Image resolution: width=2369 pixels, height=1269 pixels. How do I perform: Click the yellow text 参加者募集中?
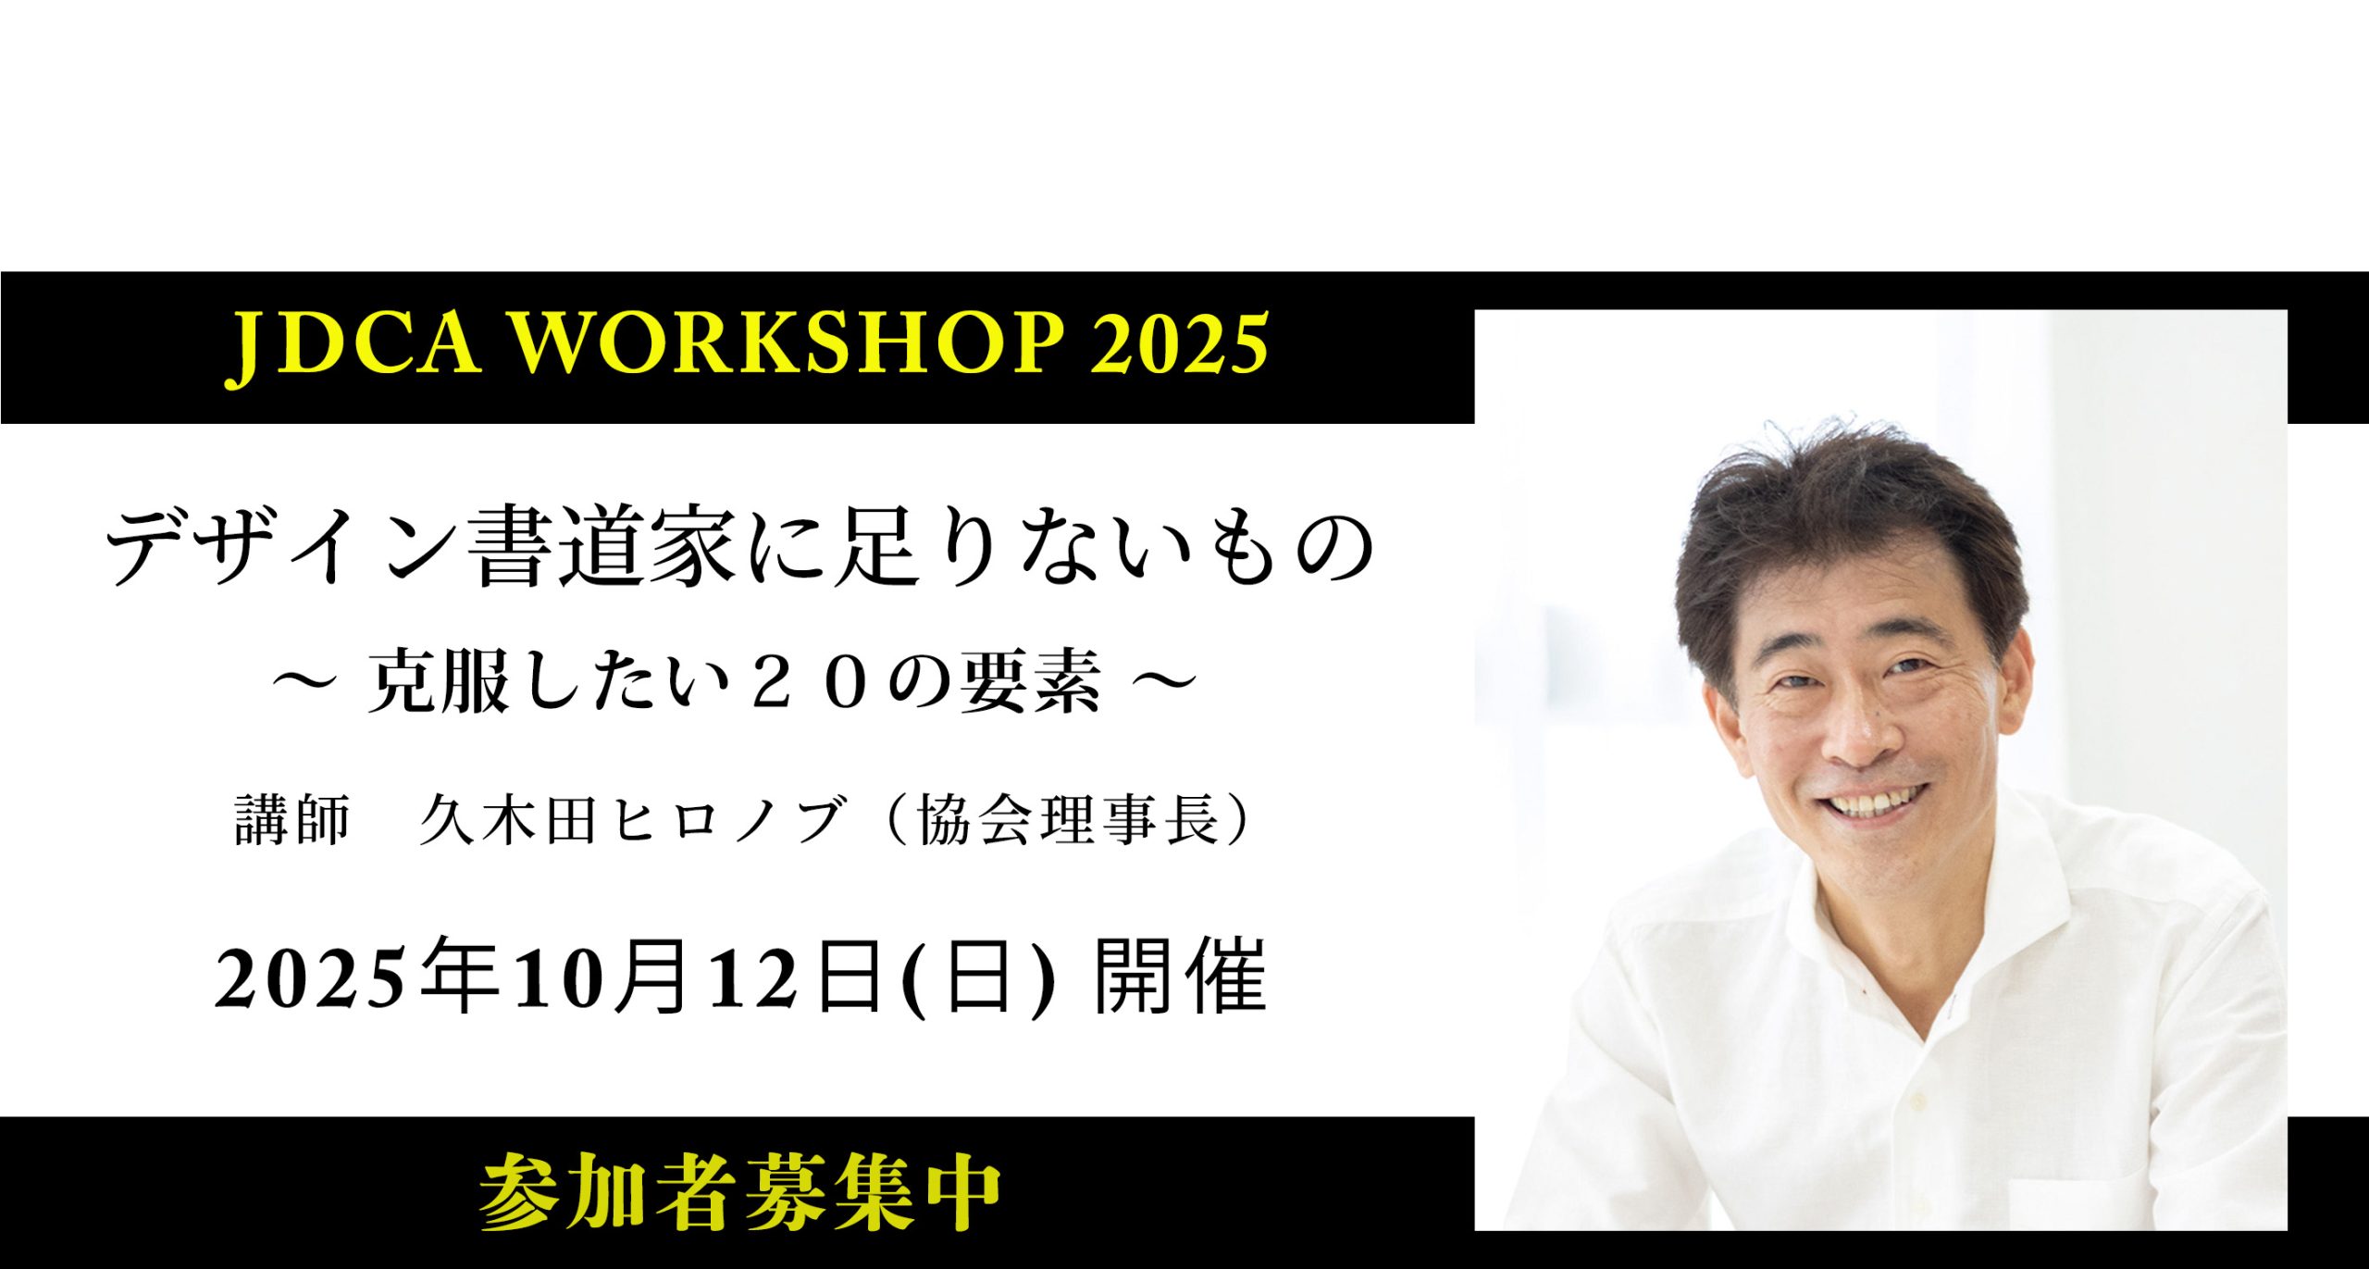coord(740,1192)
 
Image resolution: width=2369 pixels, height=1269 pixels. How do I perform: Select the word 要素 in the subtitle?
coord(1030,683)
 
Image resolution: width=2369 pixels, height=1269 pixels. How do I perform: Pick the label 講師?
coord(292,820)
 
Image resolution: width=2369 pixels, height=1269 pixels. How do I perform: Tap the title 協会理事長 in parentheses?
coord(1069,820)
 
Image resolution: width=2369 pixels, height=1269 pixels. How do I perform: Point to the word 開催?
coord(1180,978)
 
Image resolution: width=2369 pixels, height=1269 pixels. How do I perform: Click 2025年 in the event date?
coord(356,978)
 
